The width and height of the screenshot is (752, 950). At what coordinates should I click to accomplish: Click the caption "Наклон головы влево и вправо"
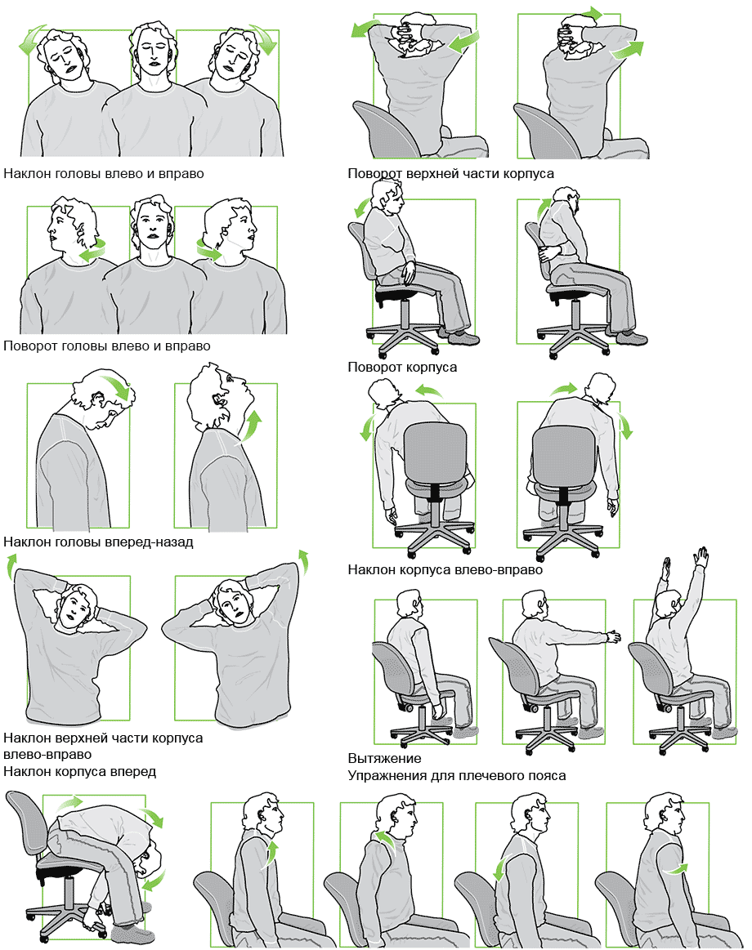(x=104, y=174)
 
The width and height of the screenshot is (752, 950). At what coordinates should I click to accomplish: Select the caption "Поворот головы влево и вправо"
(x=107, y=346)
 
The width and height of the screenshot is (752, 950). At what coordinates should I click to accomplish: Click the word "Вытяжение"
(x=384, y=759)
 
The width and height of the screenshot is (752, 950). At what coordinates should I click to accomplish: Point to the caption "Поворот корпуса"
(x=402, y=367)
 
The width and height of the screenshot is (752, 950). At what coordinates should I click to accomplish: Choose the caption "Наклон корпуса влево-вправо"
(x=445, y=569)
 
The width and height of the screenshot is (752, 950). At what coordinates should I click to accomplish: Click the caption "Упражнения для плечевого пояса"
(x=457, y=775)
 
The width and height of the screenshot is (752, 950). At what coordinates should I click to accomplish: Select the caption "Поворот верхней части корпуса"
(x=450, y=174)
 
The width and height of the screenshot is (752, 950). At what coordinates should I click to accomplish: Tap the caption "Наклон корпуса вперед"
(x=79, y=772)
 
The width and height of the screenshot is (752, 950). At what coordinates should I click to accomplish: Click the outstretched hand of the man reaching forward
(x=614, y=636)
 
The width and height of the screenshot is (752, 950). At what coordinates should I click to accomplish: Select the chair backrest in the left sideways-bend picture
(x=435, y=453)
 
